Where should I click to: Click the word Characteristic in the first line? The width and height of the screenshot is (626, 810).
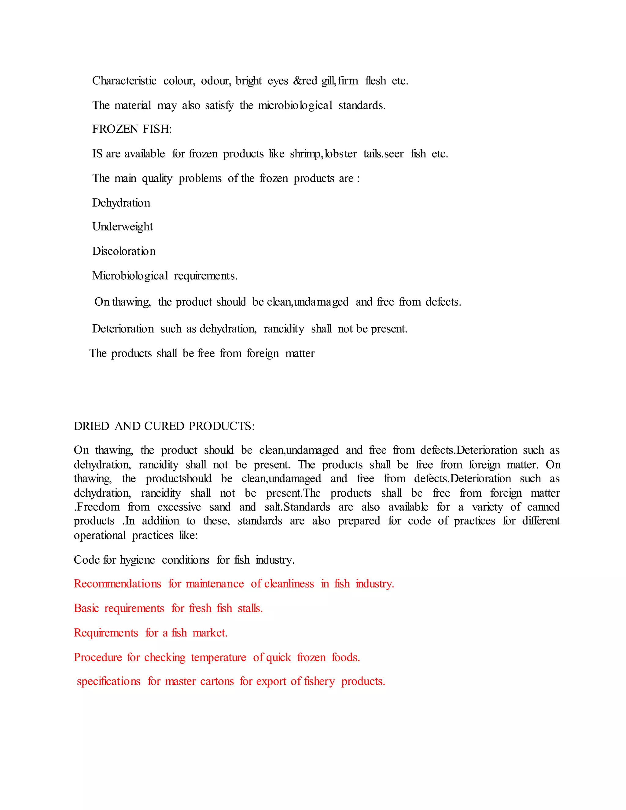(124, 81)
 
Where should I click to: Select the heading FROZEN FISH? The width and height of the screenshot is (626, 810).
(132, 129)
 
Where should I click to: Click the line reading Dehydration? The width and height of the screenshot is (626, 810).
(121, 203)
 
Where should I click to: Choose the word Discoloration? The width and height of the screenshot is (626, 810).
(124, 251)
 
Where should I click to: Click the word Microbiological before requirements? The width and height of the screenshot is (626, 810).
(130, 276)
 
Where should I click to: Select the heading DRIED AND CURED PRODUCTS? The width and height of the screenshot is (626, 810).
(164, 426)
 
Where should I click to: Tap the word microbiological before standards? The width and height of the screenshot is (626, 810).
(295, 105)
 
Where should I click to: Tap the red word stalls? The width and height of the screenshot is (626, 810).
(250, 608)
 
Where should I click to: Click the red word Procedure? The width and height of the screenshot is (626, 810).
(98, 657)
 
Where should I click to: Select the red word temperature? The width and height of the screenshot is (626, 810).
(219, 657)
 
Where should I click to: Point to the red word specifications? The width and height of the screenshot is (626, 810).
(109, 681)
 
